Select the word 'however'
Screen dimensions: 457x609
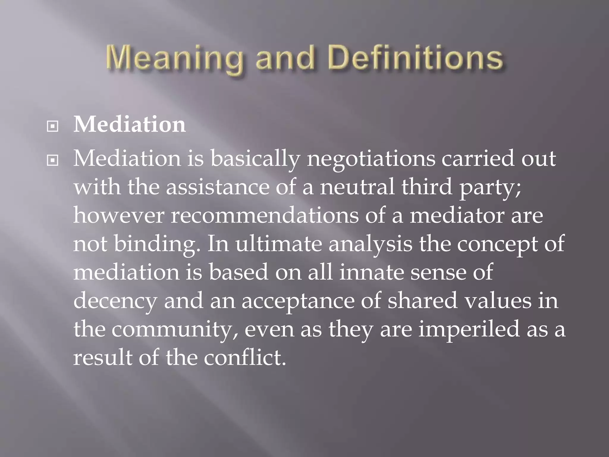[119, 215]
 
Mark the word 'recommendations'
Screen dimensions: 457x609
[265, 215]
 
